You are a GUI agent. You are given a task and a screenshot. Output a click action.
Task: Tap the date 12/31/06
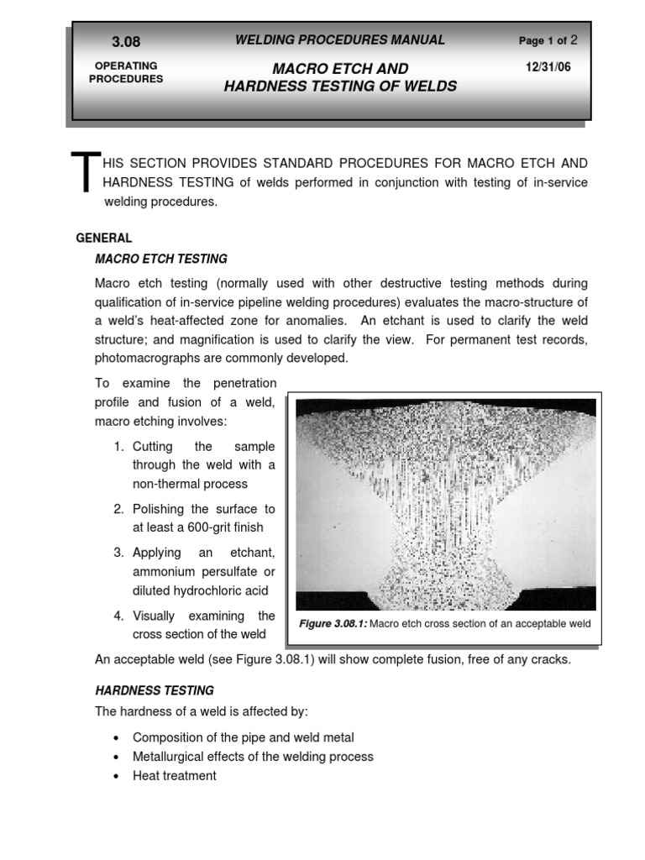547,67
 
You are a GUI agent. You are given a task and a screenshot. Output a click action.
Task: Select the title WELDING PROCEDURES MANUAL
340,40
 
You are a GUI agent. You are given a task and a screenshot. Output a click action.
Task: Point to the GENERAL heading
104,239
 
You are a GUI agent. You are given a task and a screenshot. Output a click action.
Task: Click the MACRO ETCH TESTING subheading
161,259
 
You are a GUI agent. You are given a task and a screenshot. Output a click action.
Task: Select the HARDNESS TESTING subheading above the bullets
155,690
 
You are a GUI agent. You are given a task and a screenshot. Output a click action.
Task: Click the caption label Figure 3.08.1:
333,624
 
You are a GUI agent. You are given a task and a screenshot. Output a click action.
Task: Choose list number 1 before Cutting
119,447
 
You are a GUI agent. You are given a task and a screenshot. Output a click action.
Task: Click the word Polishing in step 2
159,509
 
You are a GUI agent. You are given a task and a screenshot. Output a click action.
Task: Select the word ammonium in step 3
164,571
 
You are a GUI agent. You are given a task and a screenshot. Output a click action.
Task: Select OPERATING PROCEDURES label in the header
126,72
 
